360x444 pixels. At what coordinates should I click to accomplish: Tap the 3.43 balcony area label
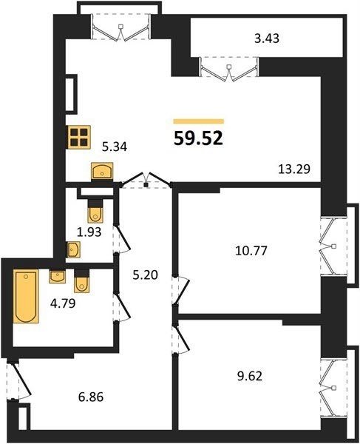[267, 38]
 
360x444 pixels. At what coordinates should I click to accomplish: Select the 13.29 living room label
[294, 169]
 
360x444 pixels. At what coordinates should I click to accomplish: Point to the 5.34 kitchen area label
[115, 147]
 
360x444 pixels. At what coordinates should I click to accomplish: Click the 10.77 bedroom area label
[251, 251]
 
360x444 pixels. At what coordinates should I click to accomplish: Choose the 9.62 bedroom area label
[250, 377]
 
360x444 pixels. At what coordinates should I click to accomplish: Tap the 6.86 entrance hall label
[91, 397]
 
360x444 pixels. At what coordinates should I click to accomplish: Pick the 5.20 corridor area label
[146, 275]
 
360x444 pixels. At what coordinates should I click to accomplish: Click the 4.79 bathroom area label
[63, 303]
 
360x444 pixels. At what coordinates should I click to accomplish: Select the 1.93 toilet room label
[89, 232]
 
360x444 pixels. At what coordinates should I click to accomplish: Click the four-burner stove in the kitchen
[79, 137]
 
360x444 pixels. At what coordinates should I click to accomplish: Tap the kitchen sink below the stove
[102, 171]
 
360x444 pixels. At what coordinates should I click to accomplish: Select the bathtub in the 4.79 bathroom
[26, 296]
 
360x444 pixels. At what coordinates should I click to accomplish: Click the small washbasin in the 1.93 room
[73, 249]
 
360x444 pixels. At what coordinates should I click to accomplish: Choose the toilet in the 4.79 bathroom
[81, 281]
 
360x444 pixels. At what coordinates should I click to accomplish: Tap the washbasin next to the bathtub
[58, 277]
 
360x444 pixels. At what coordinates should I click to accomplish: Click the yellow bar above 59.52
[199, 121]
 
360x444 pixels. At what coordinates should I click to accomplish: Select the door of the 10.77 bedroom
[181, 291]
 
